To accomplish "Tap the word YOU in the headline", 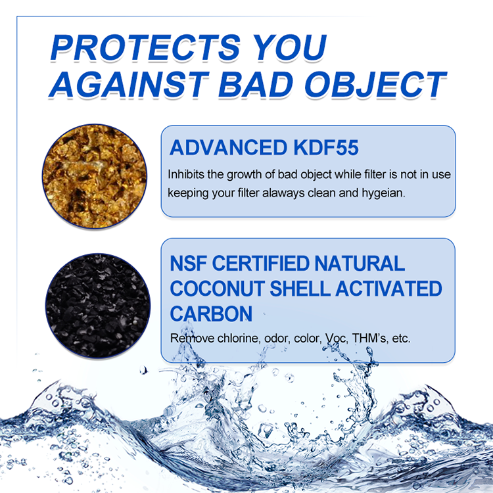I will click(285, 47).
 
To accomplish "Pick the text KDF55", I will click(327, 147).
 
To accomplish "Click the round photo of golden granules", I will click(96, 177).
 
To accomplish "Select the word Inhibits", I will click(186, 175).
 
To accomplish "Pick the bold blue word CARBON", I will click(211, 314).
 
